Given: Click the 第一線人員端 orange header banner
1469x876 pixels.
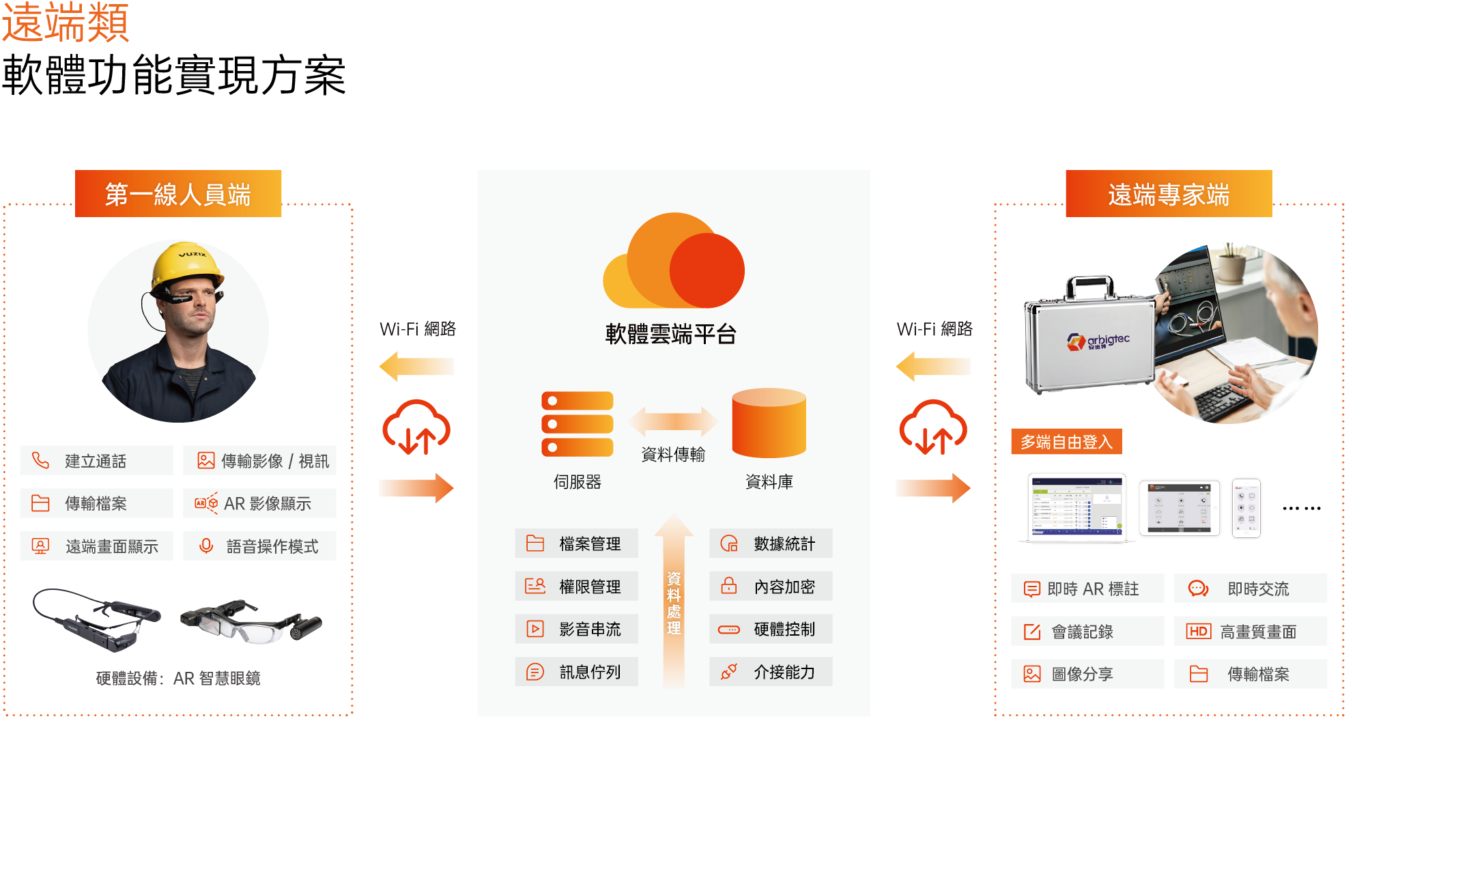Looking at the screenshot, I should tap(178, 194).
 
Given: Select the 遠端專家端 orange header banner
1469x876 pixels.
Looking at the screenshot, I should tap(1168, 194).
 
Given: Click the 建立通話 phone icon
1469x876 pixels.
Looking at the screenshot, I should tap(41, 461).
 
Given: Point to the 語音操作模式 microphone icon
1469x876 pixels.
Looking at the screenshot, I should tap(205, 546).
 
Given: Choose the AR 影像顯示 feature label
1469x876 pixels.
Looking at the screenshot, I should tap(267, 504).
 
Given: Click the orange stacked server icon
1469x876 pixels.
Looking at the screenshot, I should tap(577, 423).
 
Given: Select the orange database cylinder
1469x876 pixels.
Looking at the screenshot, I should tap(769, 423).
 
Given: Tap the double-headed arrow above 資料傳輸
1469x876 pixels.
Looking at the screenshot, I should tap(673, 421).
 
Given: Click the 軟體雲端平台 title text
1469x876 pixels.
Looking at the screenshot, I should tap(670, 334).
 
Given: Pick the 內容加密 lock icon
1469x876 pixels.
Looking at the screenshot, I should tap(729, 586).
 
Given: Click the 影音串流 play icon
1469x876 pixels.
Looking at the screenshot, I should tap(535, 629).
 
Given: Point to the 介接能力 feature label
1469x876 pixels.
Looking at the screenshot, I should tap(784, 673).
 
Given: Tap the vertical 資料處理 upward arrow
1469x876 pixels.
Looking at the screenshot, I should tap(674, 601).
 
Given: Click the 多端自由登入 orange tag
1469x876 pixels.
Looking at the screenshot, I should tap(1066, 442).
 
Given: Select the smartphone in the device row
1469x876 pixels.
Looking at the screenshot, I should tap(1246, 508).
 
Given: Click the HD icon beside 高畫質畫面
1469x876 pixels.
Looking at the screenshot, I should tap(1199, 632).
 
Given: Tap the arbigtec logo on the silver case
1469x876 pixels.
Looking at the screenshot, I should tap(1098, 341).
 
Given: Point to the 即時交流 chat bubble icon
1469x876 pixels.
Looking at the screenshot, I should tap(1198, 589).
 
